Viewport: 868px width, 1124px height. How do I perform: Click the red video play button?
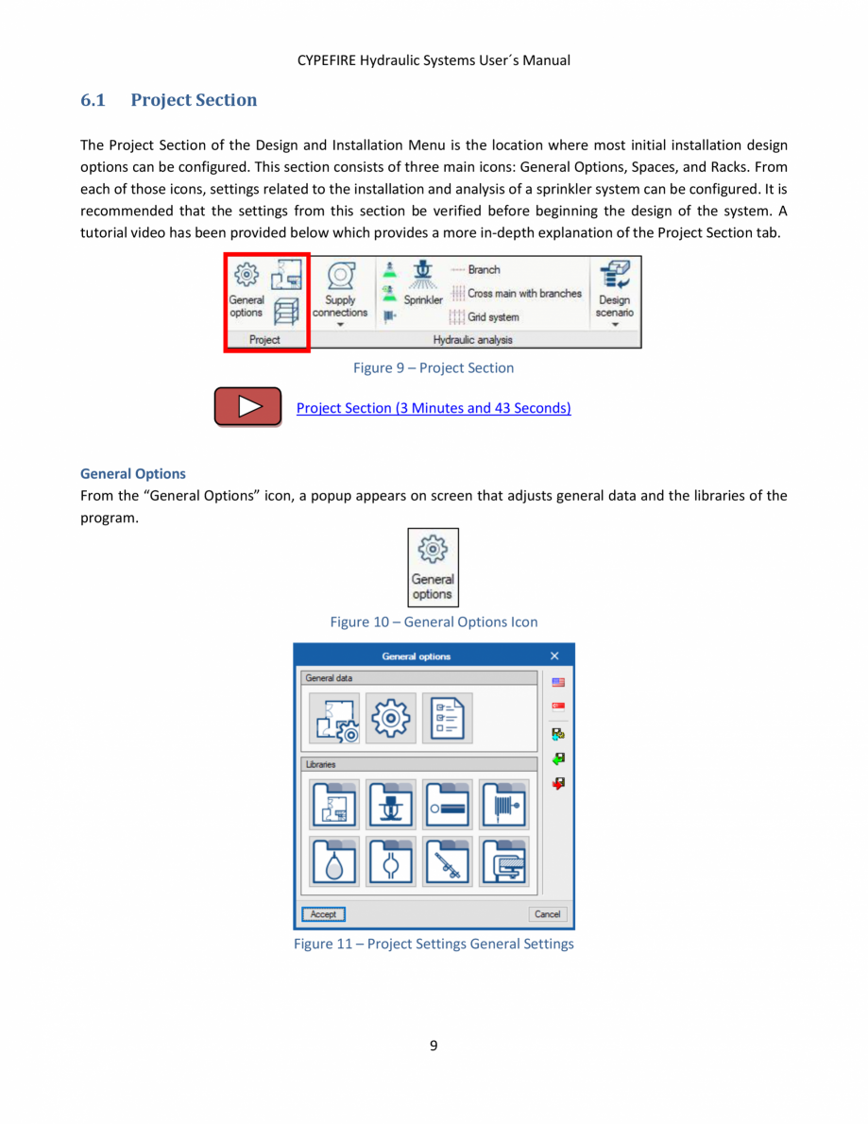pos(247,407)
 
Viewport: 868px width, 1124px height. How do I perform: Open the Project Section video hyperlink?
pos(434,408)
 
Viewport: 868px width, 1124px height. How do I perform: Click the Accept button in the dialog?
pos(323,914)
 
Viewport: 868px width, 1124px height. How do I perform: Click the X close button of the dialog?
pos(554,656)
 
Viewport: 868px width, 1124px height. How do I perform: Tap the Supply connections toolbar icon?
pos(340,292)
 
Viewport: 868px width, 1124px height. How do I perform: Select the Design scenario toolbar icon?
pos(615,292)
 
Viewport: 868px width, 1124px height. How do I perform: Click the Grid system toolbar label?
pos(493,317)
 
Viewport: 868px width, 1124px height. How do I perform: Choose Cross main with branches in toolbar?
pos(524,293)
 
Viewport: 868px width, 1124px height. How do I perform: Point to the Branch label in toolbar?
pos(484,269)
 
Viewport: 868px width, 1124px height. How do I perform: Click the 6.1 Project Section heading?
pos(169,100)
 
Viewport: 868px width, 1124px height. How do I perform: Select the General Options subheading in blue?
pos(133,473)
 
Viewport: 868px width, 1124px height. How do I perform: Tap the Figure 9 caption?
pos(434,367)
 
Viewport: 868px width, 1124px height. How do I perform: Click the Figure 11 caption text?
pos(434,944)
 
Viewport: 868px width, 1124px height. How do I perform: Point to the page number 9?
pos(434,1045)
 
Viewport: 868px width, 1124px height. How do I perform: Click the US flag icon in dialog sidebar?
pos(558,682)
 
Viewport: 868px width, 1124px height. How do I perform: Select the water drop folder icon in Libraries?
pos(334,861)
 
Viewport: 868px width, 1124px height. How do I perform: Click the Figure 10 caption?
pos(434,622)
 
